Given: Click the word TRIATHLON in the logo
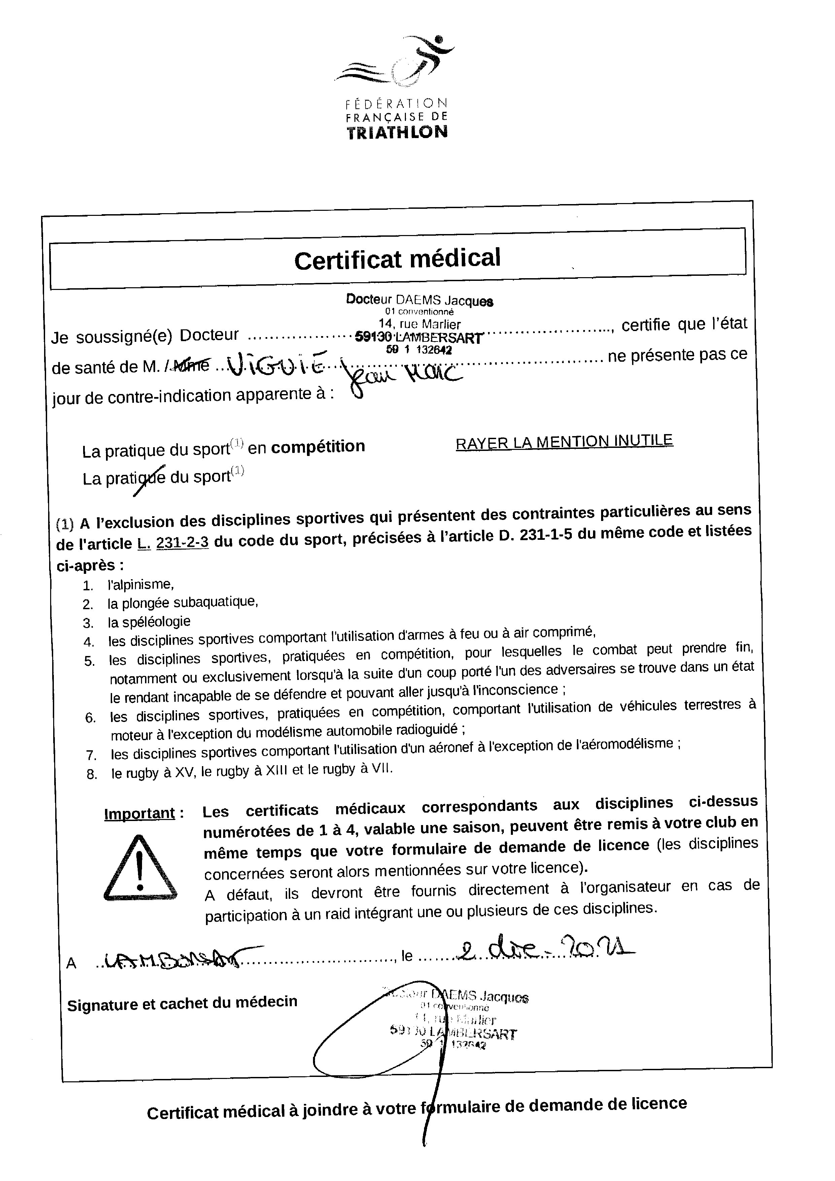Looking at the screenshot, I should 397,133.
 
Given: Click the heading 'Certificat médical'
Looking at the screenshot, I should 397,259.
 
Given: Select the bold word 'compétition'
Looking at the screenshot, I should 318,447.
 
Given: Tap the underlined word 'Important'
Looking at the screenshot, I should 139,814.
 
